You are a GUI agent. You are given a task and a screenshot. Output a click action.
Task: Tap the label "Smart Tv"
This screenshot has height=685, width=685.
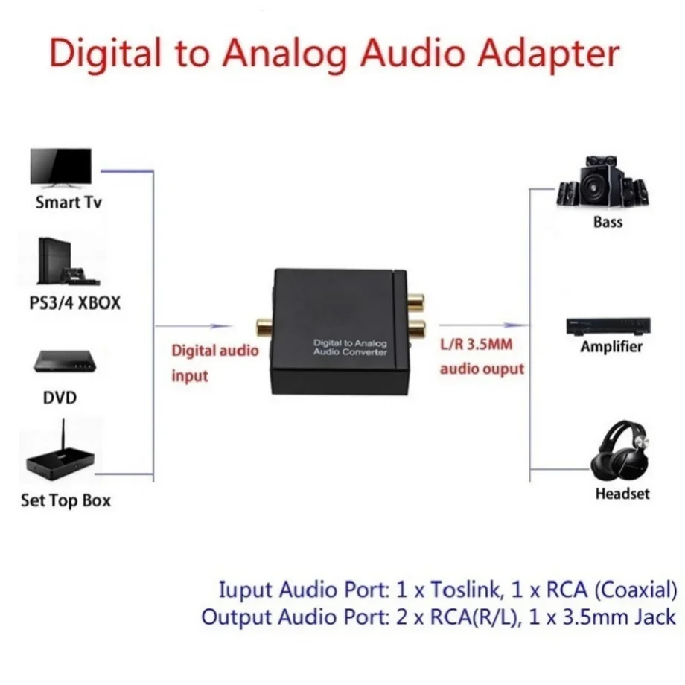click(x=68, y=203)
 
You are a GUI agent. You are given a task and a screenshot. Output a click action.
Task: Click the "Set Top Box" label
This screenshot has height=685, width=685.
click(x=66, y=500)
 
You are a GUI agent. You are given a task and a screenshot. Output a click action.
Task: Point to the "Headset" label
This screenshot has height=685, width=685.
click(x=622, y=493)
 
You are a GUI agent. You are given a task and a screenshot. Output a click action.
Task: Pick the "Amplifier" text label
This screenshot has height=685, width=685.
click(x=611, y=347)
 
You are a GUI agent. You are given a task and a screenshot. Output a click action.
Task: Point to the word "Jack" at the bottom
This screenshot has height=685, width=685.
click(x=654, y=616)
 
